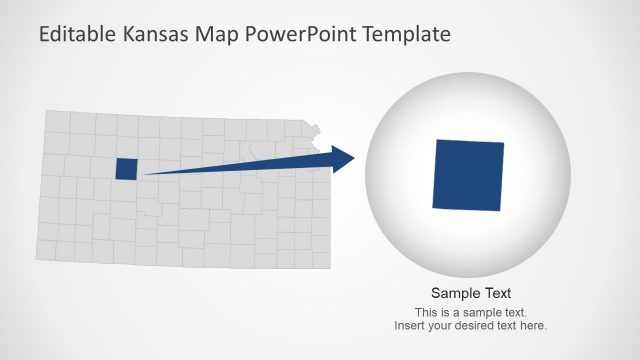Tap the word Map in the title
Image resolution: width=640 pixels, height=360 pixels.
pyautogui.click(x=225, y=35)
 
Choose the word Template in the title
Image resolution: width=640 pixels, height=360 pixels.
pyautogui.click(x=408, y=35)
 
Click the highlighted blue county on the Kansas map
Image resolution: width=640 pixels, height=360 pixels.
pyautogui.click(x=126, y=169)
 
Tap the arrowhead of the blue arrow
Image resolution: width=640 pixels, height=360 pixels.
pyautogui.click(x=344, y=158)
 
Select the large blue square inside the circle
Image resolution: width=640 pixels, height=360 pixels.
pyautogui.click(x=468, y=175)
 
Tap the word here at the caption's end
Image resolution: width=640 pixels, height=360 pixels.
pyautogui.click(x=534, y=326)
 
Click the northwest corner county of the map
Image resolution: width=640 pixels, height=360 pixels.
pyautogui.click(x=58, y=122)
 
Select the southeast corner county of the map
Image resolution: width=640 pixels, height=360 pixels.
pyautogui.click(x=320, y=259)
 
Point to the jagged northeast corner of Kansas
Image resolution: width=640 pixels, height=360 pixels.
pyautogui.click(x=316, y=129)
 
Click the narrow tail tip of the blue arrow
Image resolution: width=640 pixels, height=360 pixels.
pyautogui.click(x=150, y=174)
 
